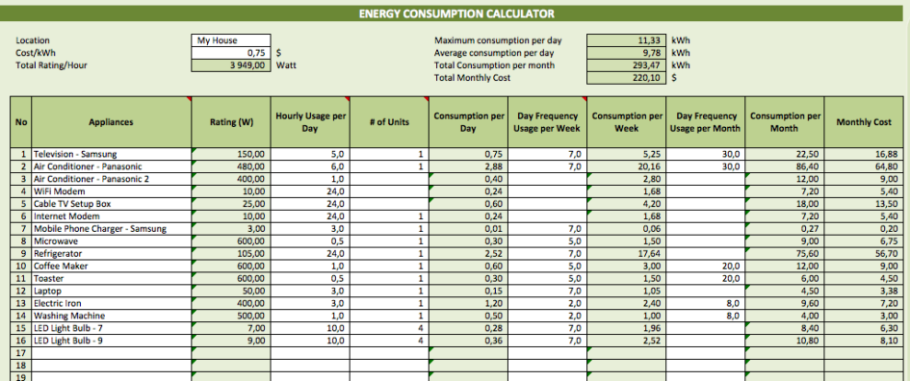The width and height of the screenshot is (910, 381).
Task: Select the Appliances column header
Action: click(111, 122)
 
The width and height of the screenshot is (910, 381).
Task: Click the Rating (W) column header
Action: click(231, 122)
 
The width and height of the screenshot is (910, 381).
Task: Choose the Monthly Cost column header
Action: click(864, 122)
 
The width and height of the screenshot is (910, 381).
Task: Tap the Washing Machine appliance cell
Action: click(68, 316)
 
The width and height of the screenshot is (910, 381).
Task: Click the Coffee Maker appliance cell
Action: click(61, 266)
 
